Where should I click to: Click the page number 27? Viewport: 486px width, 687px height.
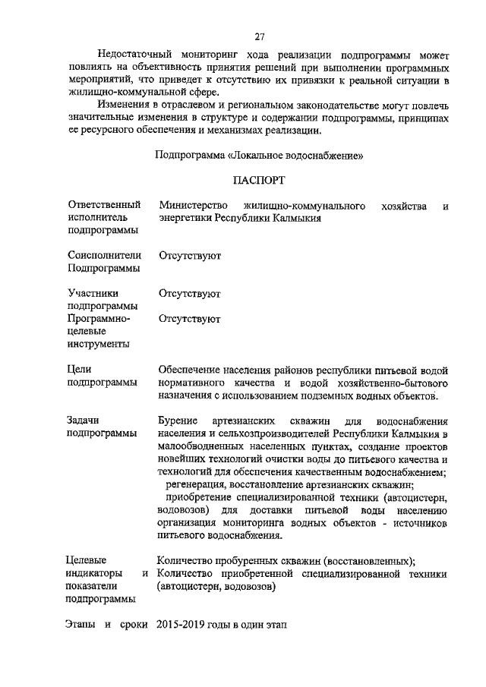pos(259,36)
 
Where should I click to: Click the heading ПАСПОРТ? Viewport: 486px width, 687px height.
pos(258,182)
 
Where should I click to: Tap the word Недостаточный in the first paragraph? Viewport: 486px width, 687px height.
pos(134,55)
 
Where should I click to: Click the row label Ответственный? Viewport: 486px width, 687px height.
pos(104,206)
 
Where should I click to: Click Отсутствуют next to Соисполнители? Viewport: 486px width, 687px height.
pos(190,256)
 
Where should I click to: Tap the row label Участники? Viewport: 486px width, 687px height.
pos(93,293)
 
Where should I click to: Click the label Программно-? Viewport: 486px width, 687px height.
pos(99,319)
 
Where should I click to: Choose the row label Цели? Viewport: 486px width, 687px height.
pos(80,369)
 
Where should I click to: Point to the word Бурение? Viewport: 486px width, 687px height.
pos(178,420)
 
